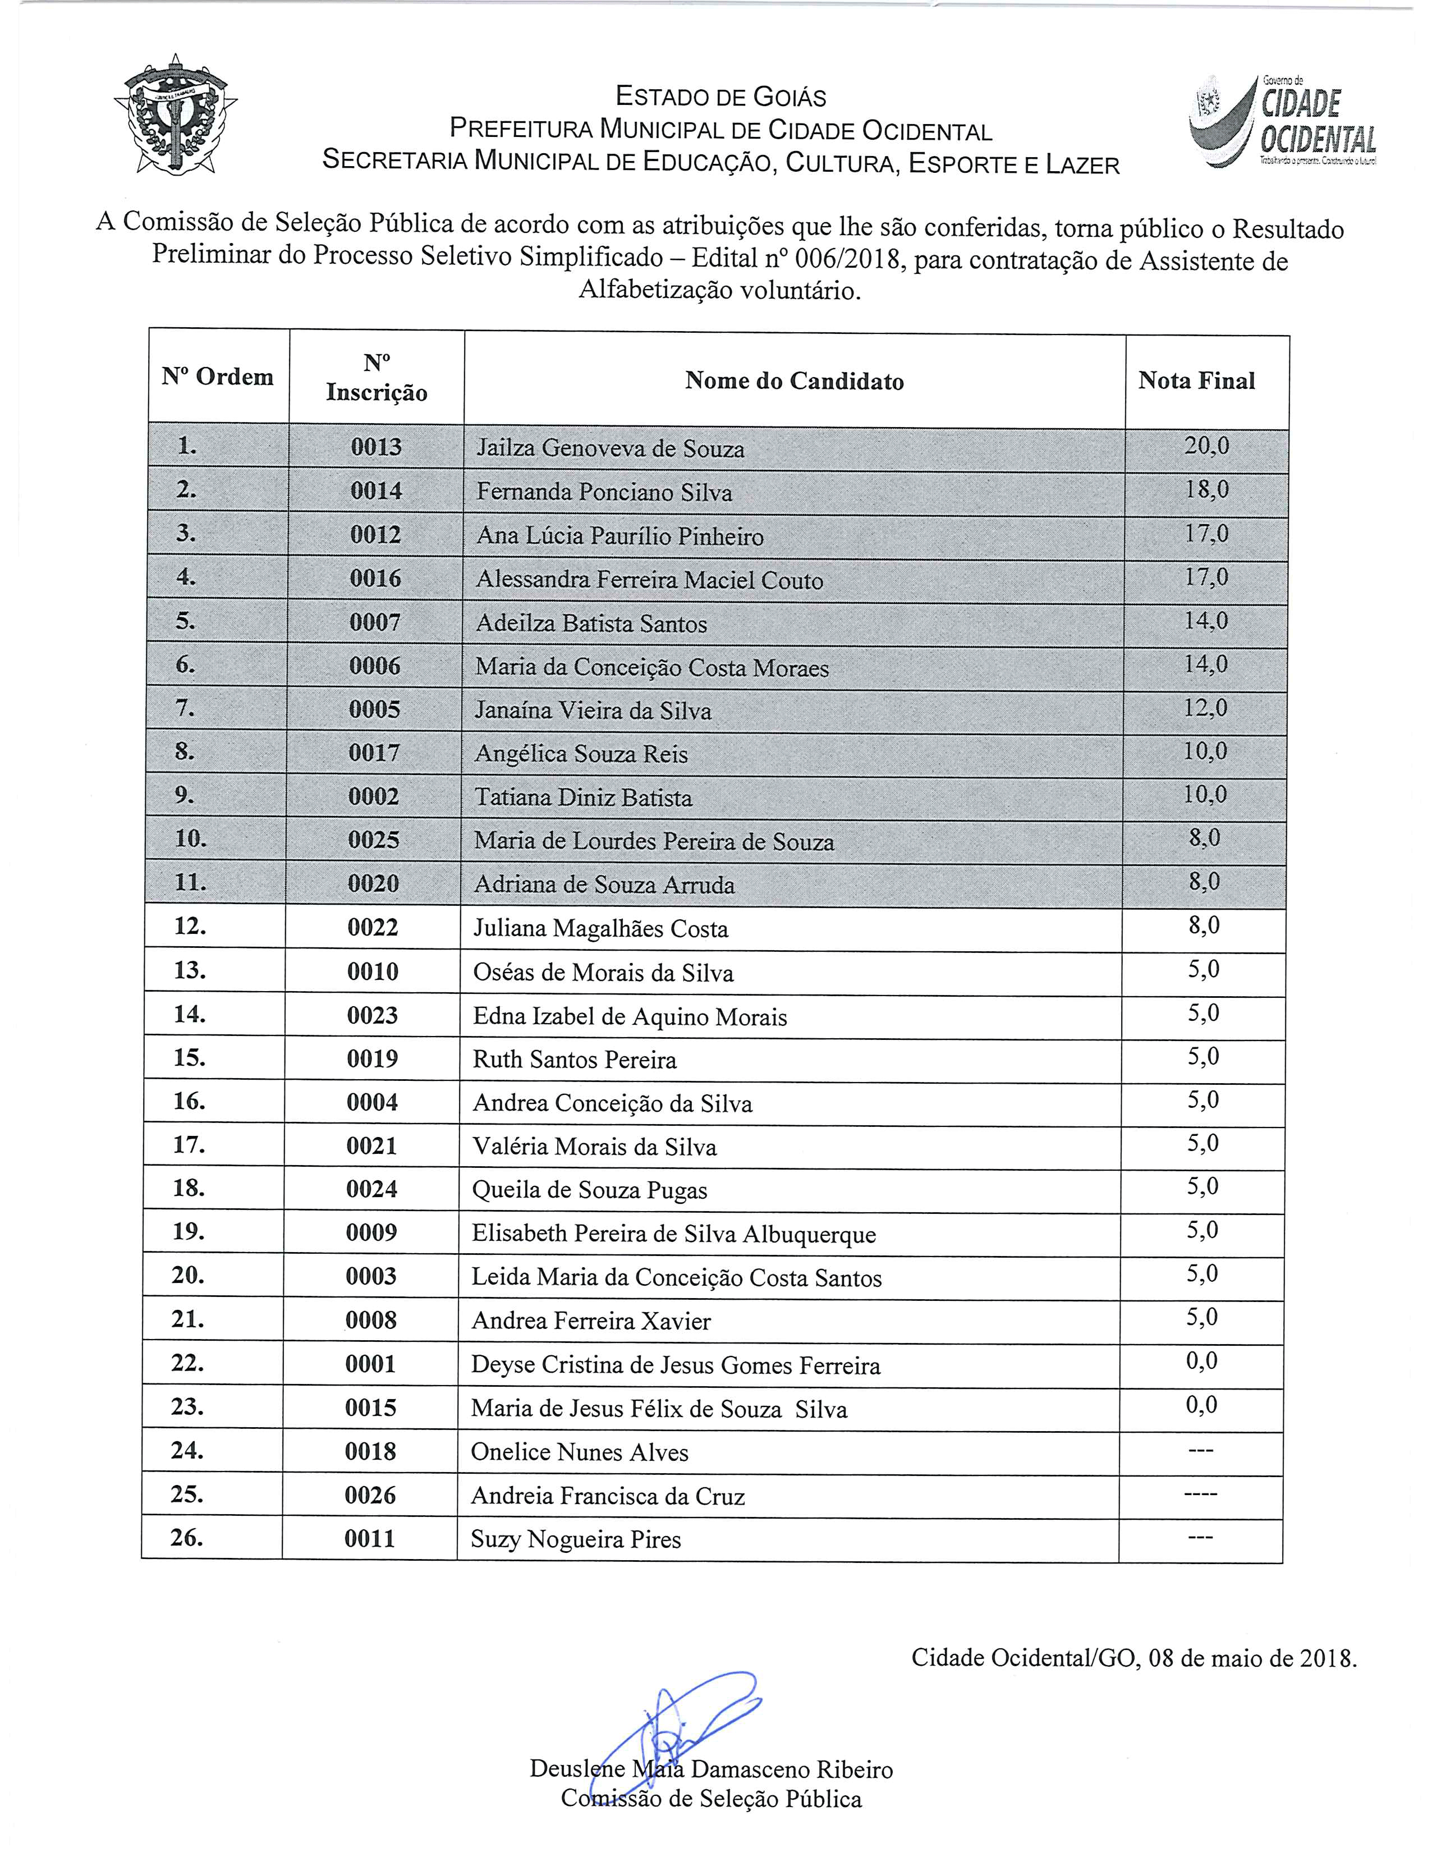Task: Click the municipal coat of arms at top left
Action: click(176, 114)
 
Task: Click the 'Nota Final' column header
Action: click(1196, 381)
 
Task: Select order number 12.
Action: click(190, 926)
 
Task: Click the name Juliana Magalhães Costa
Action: click(600, 929)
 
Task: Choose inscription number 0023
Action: click(372, 1015)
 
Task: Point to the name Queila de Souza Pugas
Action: click(589, 1190)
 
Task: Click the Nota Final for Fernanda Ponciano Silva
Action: click(1206, 490)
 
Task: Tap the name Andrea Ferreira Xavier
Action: click(591, 1321)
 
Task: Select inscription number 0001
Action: click(370, 1364)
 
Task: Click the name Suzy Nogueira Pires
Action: click(576, 1539)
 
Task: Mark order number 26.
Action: click(186, 1537)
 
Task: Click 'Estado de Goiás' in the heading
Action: click(720, 98)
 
